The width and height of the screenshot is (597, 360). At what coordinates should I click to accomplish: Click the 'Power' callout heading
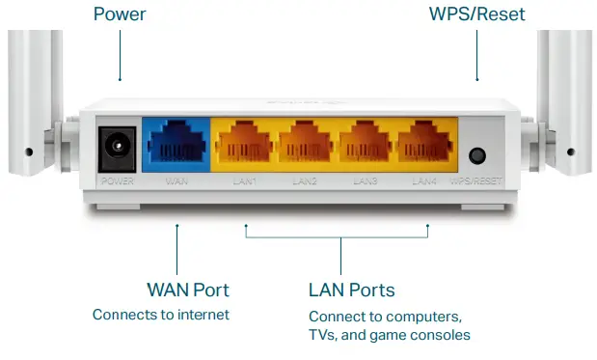click(119, 14)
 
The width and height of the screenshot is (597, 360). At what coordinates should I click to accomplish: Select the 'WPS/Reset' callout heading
click(476, 14)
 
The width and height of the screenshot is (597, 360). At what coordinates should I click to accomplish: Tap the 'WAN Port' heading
click(188, 290)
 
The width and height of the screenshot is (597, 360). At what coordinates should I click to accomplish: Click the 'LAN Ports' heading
click(351, 290)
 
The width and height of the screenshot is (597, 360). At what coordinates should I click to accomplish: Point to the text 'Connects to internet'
click(161, 315)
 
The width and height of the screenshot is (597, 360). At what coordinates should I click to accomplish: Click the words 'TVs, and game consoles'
click(390, 335)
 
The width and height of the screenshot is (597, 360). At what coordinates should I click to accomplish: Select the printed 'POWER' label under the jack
click(119, 180)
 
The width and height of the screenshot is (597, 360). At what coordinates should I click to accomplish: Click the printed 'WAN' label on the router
click(176, 180)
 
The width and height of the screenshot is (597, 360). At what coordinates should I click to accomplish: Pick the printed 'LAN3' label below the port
click(365, 180)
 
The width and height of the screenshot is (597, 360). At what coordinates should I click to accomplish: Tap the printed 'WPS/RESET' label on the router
click(475, 180)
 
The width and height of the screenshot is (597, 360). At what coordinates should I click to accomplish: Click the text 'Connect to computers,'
click(385, 317)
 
